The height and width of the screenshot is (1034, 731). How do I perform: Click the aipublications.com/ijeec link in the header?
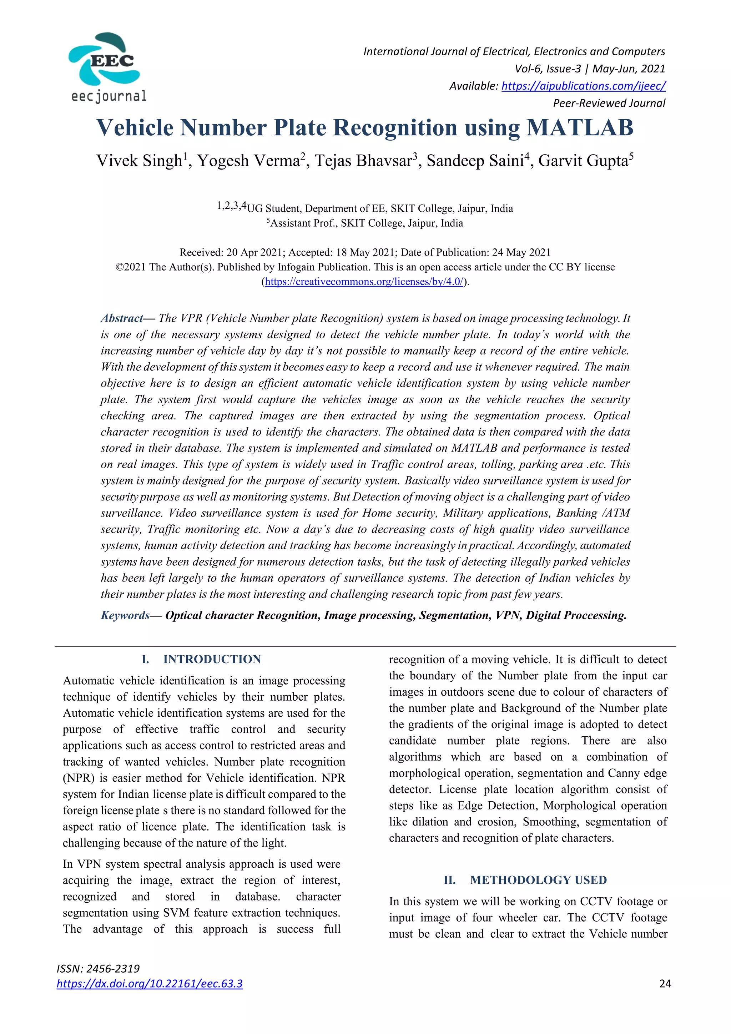pyautogui.click(x=583, y=86)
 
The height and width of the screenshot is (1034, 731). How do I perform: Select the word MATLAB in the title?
pyautogui.click(x=580, y=128)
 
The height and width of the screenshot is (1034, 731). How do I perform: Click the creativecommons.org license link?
pyautogui.click(x=364, y=282)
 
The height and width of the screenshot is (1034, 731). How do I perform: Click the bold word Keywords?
pyautogui.click(x=125, y=616)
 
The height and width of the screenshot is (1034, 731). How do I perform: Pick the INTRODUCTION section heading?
pyautogui.click(x=212, y=659)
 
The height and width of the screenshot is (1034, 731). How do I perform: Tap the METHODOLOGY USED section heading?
pyautogui.click(x=538, y=880)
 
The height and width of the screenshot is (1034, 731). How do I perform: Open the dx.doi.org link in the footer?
pyautogui.click(x=150, y=984)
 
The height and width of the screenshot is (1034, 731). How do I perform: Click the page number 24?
pyautogui.click(x=665, y=984)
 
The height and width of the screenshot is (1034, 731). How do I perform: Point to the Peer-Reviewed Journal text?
pyautogui.click(x=609, y=103)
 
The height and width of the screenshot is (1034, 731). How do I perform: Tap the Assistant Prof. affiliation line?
pyautogui.click(x=365, y=223)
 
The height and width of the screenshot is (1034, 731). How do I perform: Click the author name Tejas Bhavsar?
pyautogui.click(x=363, y=161)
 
